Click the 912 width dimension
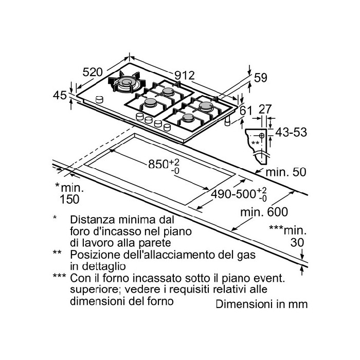click(183, 75)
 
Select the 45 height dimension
click(60, 96)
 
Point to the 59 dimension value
click(261, 78)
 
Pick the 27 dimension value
click(265, 109)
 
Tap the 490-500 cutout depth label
click(236, 194)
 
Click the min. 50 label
click(286, 171)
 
